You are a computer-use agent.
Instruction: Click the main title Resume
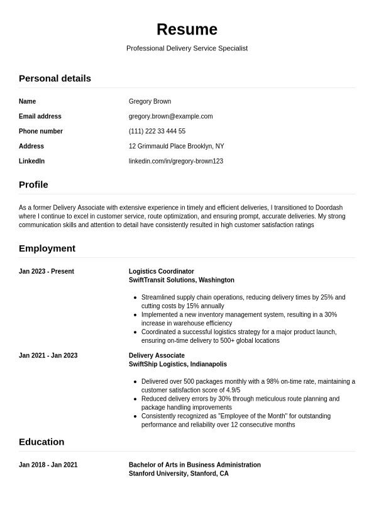(187, 30)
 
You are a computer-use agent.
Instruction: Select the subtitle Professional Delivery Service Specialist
(187, 48)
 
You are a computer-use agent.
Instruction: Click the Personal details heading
(55, 79)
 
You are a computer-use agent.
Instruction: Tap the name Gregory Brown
(150, 101)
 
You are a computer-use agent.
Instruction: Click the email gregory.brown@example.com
(170, 116)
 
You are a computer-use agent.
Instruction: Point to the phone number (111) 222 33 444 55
(157, 131)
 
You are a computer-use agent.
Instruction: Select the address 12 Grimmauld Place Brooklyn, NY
(176, 147)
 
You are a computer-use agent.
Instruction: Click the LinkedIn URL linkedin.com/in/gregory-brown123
(175, 162)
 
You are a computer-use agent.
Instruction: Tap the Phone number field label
(41, 131)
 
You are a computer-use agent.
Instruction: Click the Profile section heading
(33, 185)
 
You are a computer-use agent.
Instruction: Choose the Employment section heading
(47, 248)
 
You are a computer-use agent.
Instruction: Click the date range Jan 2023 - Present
(47, 272)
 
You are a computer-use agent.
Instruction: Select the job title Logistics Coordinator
(162, 272)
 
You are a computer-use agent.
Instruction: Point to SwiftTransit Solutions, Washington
(181, 281)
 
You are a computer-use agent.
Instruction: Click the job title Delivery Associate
(157, 356)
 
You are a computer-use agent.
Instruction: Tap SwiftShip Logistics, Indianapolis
(177, 365)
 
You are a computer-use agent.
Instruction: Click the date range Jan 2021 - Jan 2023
(48, 356)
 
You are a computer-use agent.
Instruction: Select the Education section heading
(41, 442)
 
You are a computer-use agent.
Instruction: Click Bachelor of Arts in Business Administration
(194, 465)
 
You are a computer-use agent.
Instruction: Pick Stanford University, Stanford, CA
(179, 474)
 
